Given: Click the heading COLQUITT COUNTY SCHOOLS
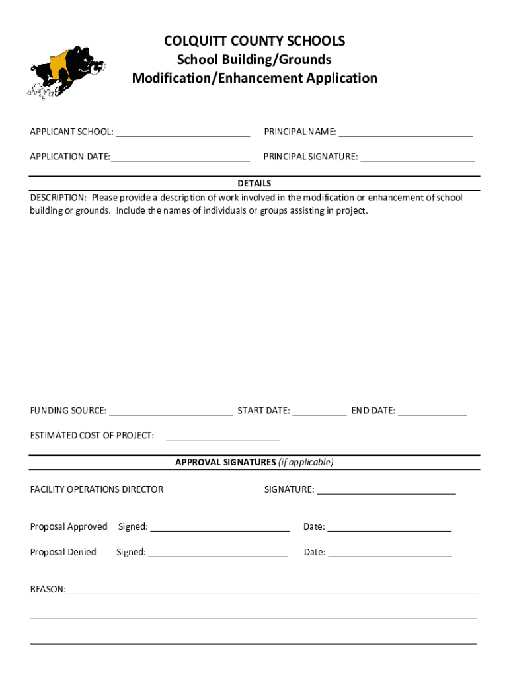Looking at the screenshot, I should coord(255,42).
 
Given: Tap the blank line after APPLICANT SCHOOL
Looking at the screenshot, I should coord(182,132).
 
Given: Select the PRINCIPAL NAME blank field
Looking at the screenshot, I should coord(405,132).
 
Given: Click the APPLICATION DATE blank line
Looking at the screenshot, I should coord(180,157).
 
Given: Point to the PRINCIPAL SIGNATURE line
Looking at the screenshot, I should coord(417,157).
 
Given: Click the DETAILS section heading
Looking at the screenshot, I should coord(255,183).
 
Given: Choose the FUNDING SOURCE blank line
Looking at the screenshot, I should coord(171,411).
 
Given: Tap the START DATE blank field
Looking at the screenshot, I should coord(319,411).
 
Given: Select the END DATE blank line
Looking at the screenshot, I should coord(432,411).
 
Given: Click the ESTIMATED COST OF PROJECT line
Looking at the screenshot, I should coord(223,436).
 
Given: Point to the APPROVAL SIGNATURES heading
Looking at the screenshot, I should coord(225,463).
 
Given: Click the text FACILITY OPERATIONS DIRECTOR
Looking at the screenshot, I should coord(97,490).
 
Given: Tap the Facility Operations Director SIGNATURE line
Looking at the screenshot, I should coord(386,491).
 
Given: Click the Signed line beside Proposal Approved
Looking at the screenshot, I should coord(220,528).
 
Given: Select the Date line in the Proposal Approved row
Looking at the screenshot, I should coord(389,528).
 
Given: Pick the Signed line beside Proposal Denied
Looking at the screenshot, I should coord(218,553).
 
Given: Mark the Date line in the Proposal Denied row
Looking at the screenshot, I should coord(390,553).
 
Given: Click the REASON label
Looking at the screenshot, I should coord(48,589).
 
